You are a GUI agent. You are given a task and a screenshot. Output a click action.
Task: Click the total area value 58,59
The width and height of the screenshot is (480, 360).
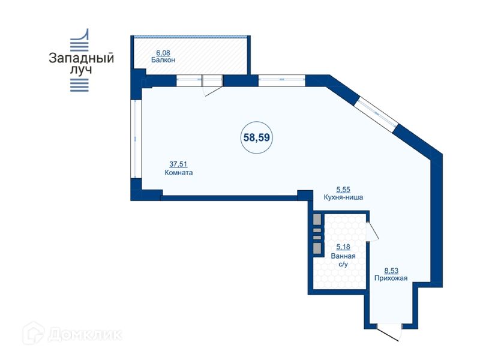(257, 137)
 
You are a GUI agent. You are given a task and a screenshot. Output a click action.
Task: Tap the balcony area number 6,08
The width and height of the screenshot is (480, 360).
(163, 53)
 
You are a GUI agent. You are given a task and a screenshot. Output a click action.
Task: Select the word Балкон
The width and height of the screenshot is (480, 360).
(163, 60)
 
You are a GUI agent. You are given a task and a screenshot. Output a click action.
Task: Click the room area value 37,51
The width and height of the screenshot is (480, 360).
(178, 164)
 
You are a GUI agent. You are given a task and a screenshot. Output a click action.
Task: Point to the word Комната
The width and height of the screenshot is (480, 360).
(179, 173)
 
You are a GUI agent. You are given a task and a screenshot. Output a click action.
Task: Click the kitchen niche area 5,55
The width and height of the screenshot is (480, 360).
(343, 190)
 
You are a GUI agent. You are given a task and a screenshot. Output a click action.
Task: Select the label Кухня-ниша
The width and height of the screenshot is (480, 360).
(343, 197)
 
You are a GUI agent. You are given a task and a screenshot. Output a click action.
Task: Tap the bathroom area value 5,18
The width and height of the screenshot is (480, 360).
(343, 247)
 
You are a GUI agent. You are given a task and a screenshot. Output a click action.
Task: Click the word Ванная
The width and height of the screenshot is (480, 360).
(343, 256)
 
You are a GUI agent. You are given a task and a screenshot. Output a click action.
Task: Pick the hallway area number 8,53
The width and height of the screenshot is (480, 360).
(391, 271)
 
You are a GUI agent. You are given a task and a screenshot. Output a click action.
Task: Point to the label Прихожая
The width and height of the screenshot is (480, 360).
(391, 278)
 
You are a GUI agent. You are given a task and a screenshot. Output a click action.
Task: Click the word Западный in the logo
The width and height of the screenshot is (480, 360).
(82, 58)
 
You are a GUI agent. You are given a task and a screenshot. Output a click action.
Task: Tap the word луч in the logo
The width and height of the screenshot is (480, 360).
(81, 70)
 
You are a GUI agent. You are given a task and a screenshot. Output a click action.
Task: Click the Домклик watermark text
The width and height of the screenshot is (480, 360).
(85, 335)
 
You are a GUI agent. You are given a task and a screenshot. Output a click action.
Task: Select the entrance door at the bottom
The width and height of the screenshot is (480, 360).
(389, 332)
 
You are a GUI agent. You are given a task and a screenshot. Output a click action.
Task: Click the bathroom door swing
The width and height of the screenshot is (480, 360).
(373, 230)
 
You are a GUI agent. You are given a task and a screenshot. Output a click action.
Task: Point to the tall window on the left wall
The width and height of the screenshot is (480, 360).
(136, 139)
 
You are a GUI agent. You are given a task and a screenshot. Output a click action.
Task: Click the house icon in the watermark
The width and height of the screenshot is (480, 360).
(33, 334)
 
